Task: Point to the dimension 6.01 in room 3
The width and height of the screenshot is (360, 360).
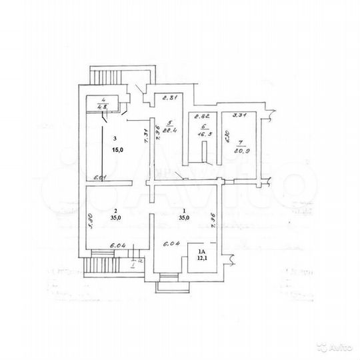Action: (x=101, y=177)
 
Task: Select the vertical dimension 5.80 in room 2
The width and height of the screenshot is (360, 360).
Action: (x=89, y=219)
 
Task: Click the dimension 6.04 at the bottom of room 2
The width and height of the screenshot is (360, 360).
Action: (x=101, y=245)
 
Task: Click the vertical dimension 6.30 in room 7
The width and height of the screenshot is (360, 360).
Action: (x=227, y=141)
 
